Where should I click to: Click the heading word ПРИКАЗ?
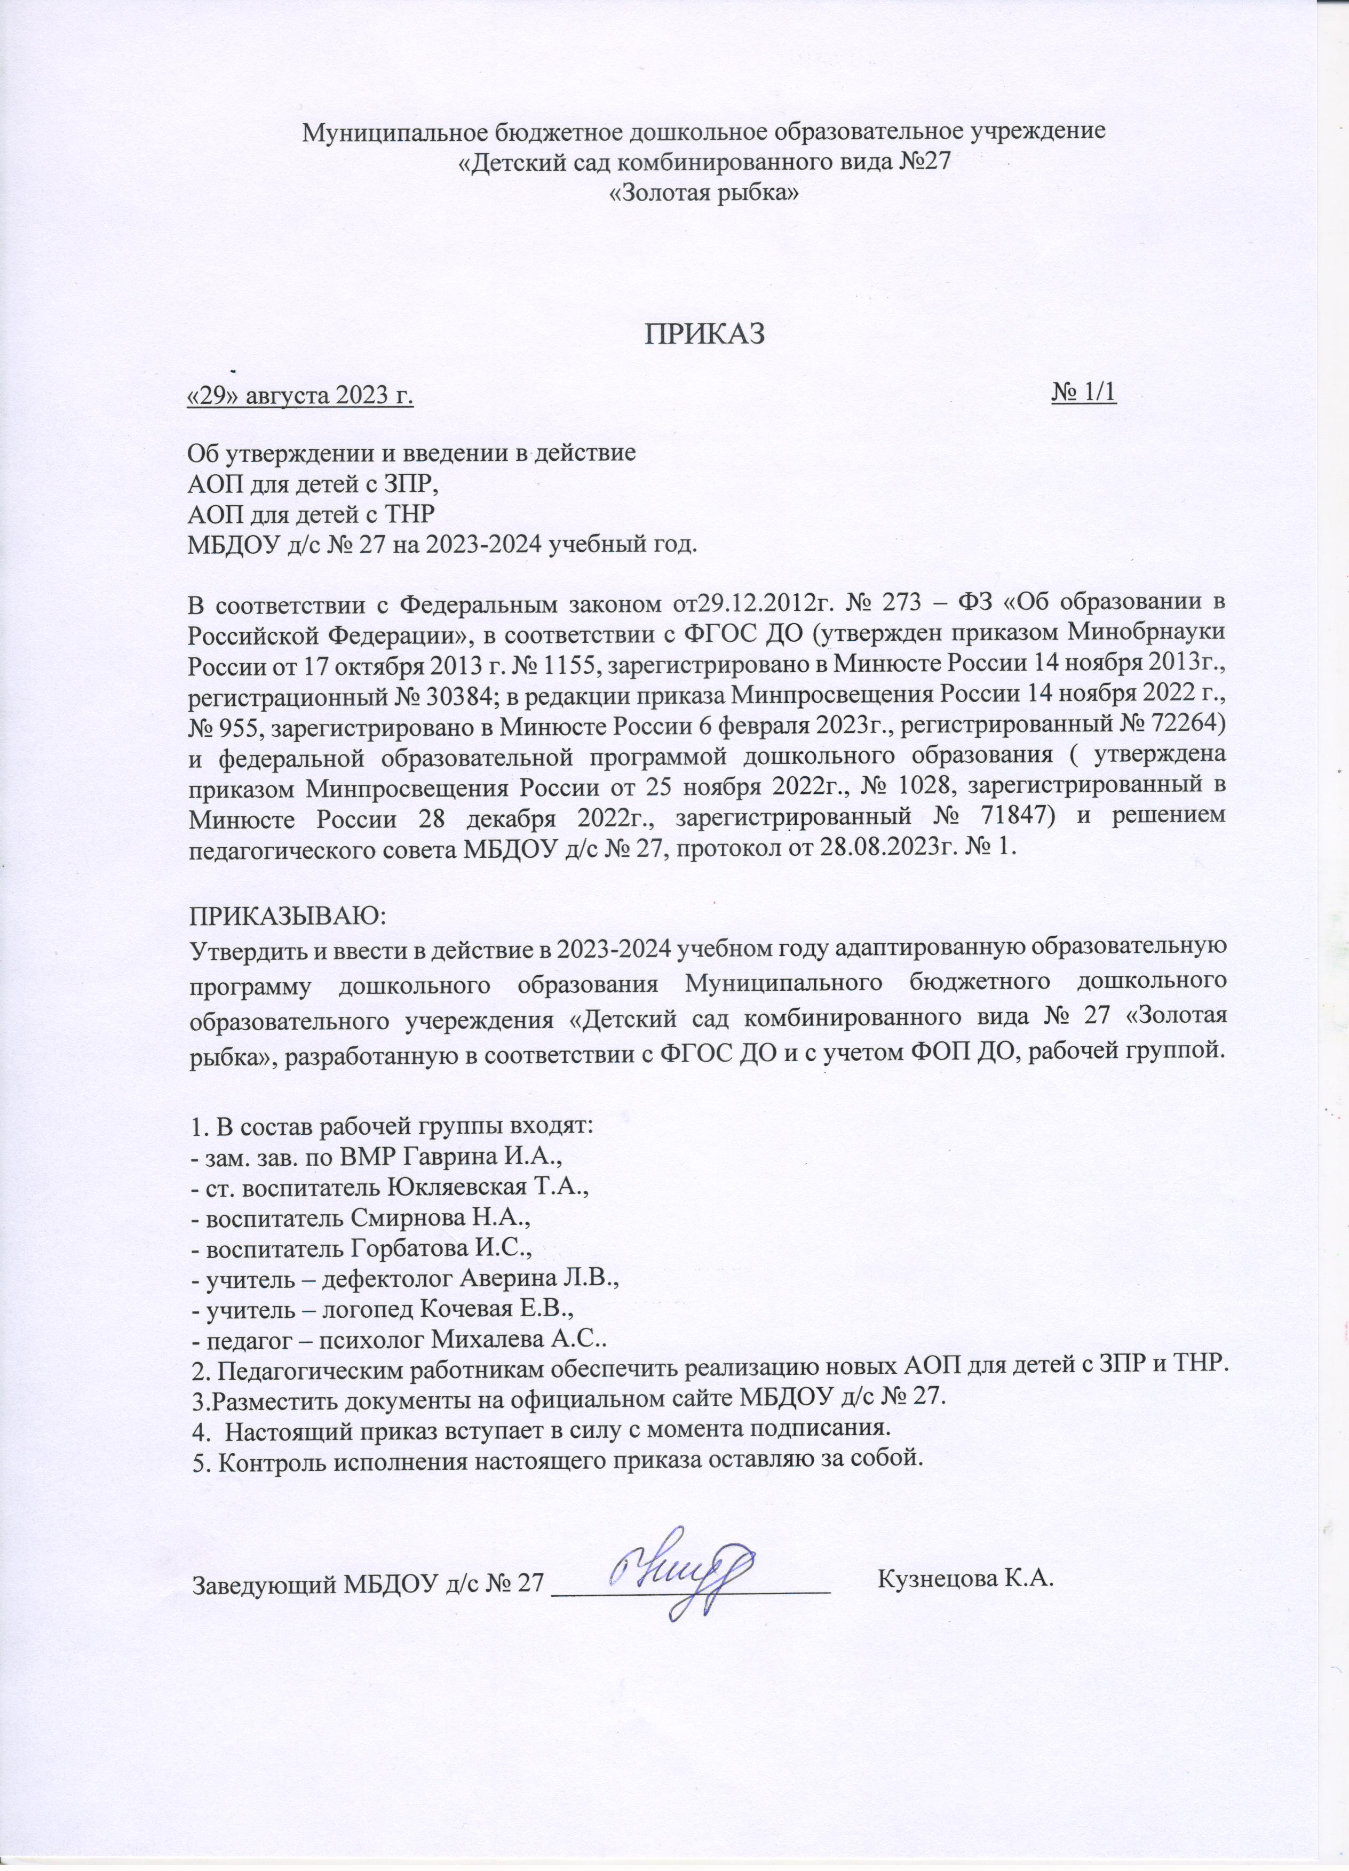(x=705, y=333)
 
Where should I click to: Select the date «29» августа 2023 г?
(x=301, y=396)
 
